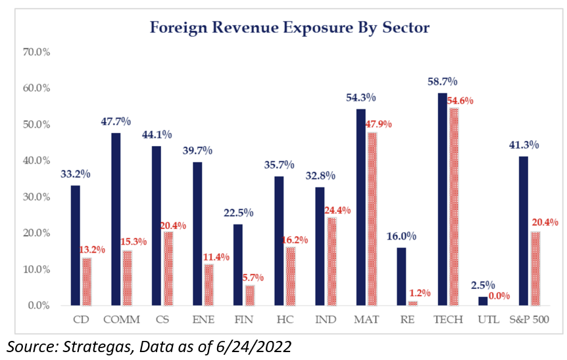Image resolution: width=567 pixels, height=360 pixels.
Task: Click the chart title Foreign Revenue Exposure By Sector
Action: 289,28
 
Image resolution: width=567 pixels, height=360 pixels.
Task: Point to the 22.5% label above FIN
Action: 239,213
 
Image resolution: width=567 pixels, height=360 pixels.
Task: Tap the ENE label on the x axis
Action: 203,321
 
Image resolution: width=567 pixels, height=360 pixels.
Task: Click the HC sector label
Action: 285,321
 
